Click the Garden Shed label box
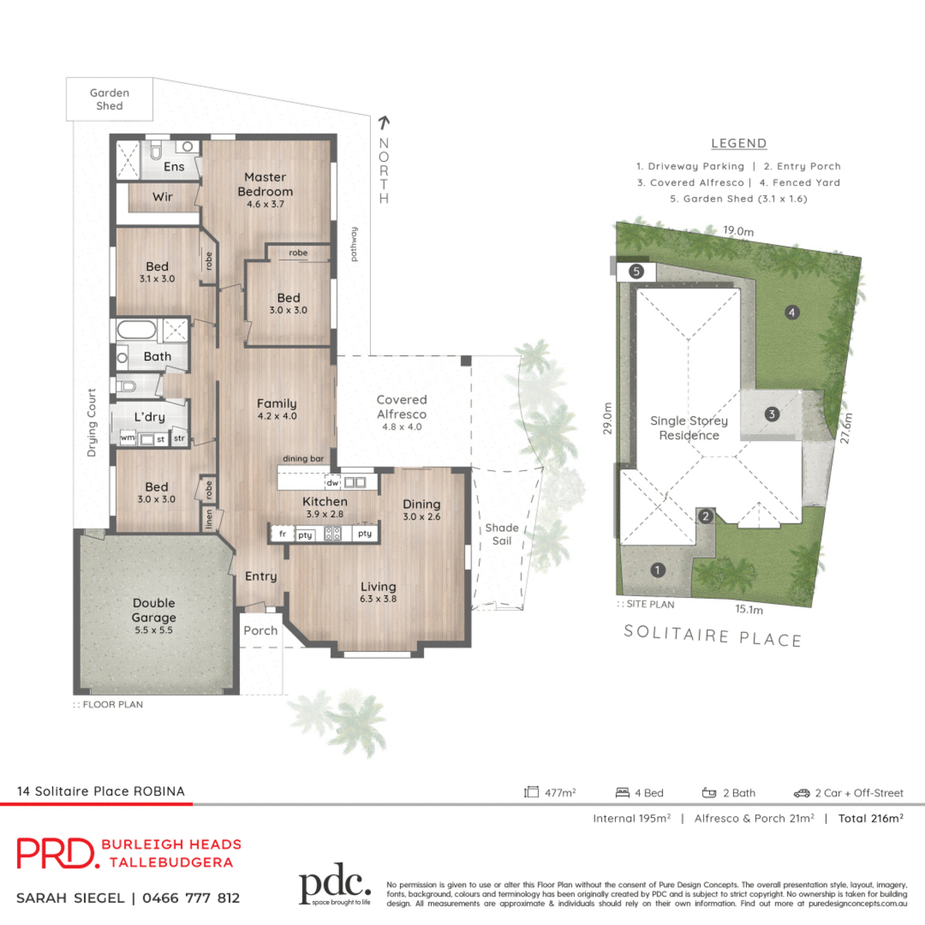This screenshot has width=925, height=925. point(109,99)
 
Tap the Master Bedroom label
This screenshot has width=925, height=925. point(265,185)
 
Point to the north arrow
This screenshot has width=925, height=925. point(384,121)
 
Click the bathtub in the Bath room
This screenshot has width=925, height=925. point(136,331)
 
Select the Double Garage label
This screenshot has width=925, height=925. point(154,610)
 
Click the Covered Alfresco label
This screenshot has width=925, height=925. point(402,407)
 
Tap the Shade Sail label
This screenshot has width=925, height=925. point(502,534)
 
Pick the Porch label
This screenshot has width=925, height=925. point(261,631)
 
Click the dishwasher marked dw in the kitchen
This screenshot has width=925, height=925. point(332,483)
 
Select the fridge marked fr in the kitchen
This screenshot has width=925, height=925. point(283,533)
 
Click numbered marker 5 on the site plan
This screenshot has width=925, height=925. point(636,271)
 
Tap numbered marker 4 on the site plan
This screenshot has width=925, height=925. point(792,312)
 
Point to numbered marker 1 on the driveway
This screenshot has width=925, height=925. point(658,570)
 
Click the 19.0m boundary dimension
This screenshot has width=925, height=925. point(738,230)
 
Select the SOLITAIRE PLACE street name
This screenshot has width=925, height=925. point(712,636)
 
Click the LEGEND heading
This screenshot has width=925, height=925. point(738,143)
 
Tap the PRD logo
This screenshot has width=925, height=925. point(57,853)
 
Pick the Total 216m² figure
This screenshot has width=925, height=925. point(870,819)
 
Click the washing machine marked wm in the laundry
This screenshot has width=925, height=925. point(127,438)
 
